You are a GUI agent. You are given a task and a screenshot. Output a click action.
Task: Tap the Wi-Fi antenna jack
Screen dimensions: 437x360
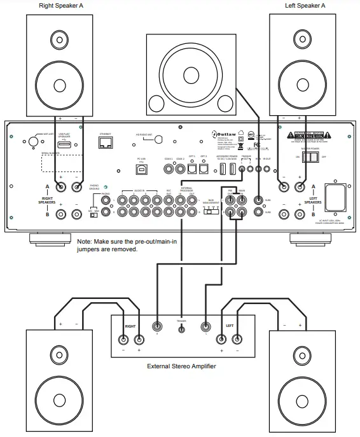pos(30,142)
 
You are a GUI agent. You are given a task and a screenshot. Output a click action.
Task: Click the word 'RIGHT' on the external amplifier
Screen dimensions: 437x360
pos(131,325)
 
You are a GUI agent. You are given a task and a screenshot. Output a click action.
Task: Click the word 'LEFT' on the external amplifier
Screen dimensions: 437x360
pos(230,325)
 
